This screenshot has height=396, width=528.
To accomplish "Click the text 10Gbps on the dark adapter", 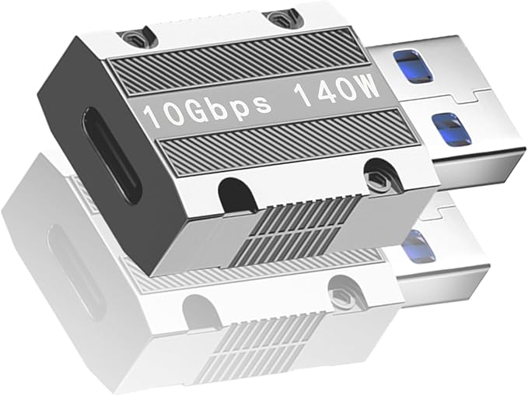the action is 207,108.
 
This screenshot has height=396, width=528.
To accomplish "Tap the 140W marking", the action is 337,90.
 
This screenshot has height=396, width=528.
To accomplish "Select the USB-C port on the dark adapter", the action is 111,155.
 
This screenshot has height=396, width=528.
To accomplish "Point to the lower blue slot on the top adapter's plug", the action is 450,129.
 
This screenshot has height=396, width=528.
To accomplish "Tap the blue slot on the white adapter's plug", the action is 418,246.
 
